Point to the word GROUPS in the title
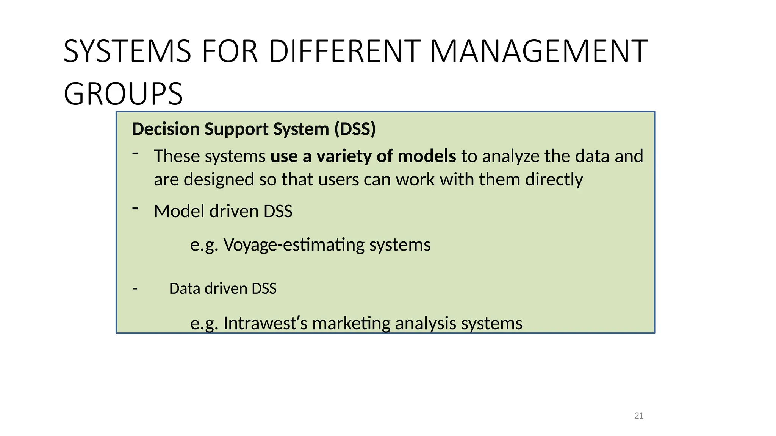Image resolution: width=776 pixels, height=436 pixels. tap(123, 94)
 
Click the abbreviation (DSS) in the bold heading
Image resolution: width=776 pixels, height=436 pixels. tap(355, 129)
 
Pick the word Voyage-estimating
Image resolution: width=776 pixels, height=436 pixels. tap(294, 245)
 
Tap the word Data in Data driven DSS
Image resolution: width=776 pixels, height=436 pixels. tap(184, 288)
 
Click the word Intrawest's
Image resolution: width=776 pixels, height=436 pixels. tap(265, 323)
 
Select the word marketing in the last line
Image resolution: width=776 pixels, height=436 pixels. tap(351, 323)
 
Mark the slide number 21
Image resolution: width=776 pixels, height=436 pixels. tap(639, 416)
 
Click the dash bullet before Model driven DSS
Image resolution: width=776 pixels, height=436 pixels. tap(135, 208)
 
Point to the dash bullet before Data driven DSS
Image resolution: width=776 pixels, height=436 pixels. tap(135, 289)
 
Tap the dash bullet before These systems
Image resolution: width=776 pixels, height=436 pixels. tap(135, 153)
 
